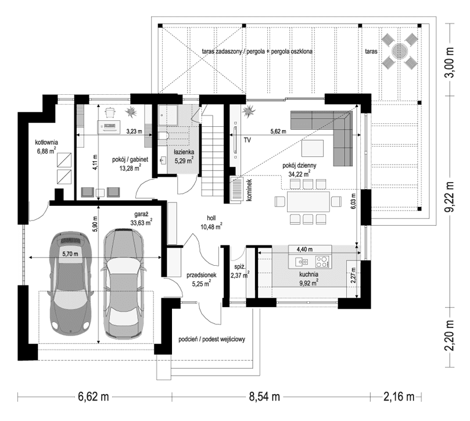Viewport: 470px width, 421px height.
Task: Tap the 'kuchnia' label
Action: point(308,274)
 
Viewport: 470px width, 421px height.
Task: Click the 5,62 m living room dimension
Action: point(277,132)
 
